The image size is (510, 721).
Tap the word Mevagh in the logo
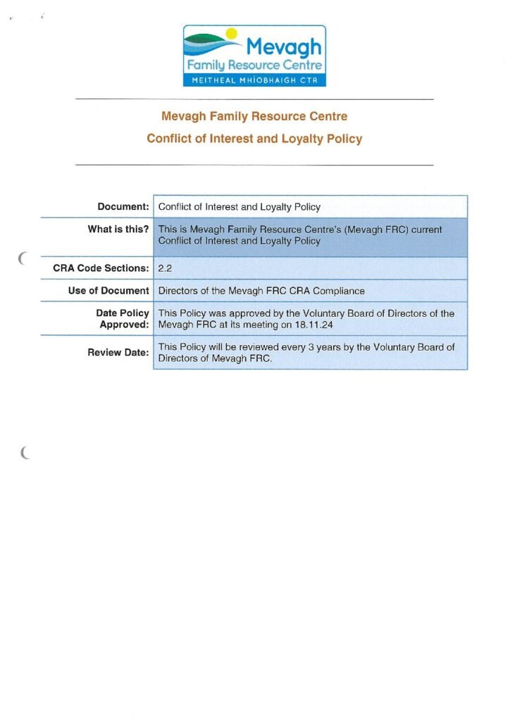pyautogui.click(x=283, y=48)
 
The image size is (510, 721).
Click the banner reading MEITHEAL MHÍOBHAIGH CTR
pyautogui.click(x=254, y=80)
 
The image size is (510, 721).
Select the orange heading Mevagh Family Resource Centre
pyautogui.click(x=254, y=116)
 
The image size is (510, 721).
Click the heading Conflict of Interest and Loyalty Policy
pyautogui.click(x=254, y=139)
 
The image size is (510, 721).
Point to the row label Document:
pyautogui.click(x=123, y=207)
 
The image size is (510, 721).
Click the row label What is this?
pyautogui.click(x=118, y=229)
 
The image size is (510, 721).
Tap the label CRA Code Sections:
pyautogui.click(x=101, y=268)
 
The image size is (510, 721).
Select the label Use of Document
pyautogui.click(x=108, y=291)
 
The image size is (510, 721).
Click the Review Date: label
pyautogui.click(x=118, y=352)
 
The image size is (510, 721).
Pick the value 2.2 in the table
pyautogui.click(x=166, y=268)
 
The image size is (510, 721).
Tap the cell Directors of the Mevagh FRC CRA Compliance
pyautogui.click(x=261, y=291)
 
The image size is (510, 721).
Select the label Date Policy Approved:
pyautogui.click(x=123, y=319)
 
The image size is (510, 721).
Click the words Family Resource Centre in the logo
pyautogui.click(x=254, y=65)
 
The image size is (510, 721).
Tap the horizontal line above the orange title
pyautogui.click(x=254, y=100)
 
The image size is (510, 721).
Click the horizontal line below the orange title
pyautogui.click(x=254, y=165)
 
